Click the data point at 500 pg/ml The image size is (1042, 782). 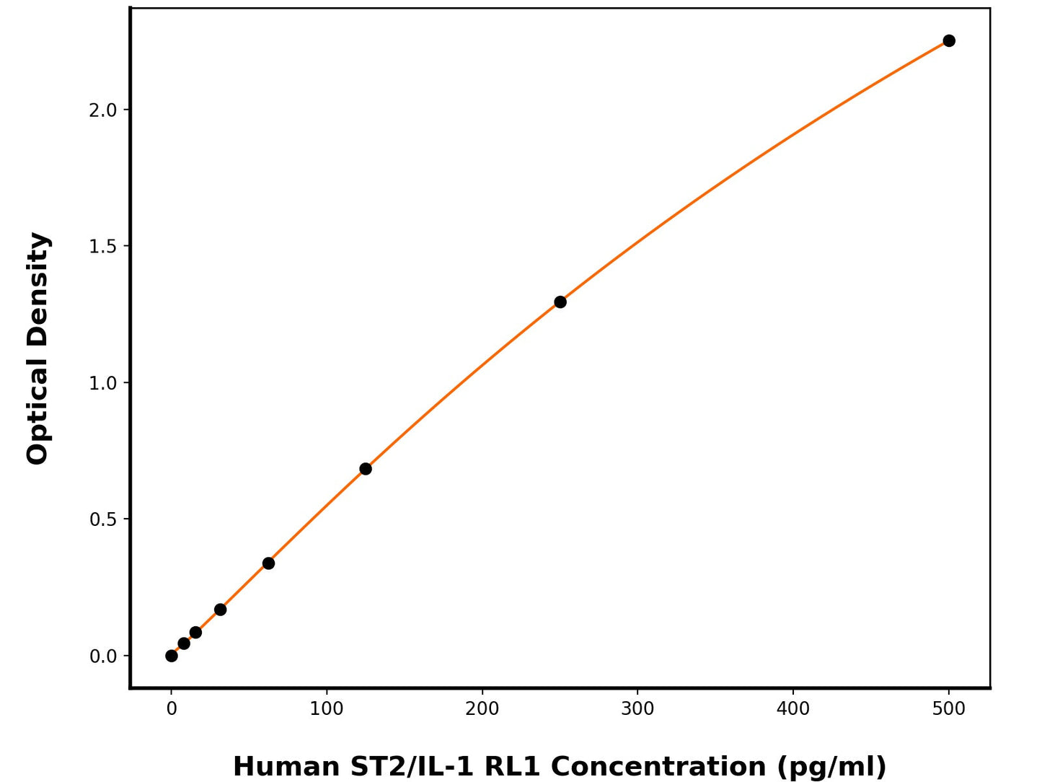point(949,40)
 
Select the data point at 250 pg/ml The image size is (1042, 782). point(560,302)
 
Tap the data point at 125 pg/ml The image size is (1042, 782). point(366,469)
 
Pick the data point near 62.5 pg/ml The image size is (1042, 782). point(268,563)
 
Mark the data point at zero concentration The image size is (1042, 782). point(172,656)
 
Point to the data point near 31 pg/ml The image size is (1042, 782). point(221,610)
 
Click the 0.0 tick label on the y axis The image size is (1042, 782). point(103,656)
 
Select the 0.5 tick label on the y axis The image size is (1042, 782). point(103,519)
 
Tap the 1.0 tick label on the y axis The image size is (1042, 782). point(103,383)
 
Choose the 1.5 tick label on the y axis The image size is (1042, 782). point(103,247)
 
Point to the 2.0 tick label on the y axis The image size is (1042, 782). point(103,110)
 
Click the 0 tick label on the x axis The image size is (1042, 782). point(172,709)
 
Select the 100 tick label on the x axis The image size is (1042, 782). point(327,709)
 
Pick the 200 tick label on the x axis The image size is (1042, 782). point(482,709)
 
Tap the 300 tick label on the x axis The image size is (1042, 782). point(637,709)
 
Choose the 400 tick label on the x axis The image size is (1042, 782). point(793,709)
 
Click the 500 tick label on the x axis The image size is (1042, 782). point(949,709)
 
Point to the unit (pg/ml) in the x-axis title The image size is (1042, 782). point(831,766)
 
